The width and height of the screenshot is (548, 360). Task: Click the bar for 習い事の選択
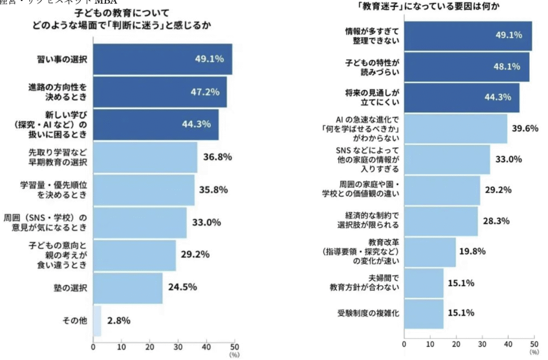tap(163, 59)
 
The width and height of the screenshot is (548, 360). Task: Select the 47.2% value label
tap(205, 92)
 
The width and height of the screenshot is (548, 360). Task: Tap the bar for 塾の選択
tap(128, 288)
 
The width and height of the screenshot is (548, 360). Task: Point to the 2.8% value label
tap(119, 321)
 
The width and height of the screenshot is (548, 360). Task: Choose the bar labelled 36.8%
tap(145, 157)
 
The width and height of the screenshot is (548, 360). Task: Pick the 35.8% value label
tap(214, 190)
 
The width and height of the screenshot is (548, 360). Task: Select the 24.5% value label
tap(182, 287)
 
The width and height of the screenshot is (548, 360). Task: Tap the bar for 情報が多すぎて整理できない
tap(468, 36)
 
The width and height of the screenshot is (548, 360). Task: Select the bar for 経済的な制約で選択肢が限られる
tap(440, 221)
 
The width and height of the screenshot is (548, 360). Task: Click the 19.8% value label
tap(471, 251)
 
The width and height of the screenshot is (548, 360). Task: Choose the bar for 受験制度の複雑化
tap(423, 313)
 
